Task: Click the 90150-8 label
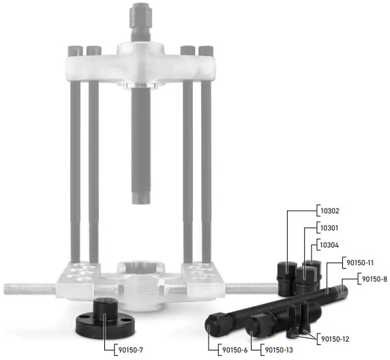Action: pos(374,279)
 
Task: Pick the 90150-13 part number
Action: pos(280,350)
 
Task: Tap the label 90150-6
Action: pos(233,350)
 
